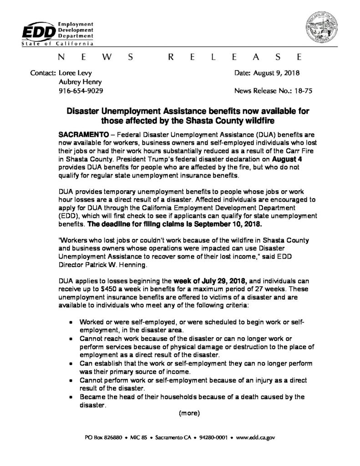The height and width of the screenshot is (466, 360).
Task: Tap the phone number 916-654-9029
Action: click(81, 91)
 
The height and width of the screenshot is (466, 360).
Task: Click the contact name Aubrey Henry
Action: click(81, 82)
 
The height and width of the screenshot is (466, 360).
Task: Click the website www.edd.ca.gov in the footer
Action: click(256, 438)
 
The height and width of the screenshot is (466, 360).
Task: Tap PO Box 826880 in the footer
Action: click(104, 438)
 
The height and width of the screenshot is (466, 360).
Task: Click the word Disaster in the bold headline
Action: click(86, 111)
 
